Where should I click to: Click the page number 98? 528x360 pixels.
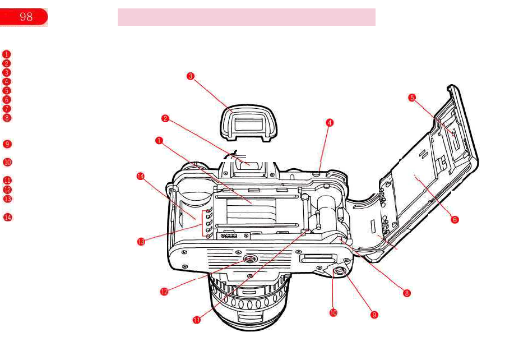[26, 17]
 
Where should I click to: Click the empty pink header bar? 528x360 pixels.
[246, 17]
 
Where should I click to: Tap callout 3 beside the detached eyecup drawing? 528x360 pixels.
[191, 77]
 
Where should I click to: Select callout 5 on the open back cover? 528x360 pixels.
[412, 97]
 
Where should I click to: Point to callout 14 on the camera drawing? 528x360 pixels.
[140, 176]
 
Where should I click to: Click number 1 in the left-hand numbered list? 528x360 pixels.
[6, 54]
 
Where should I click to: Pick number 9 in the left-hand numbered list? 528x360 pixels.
[6, 144]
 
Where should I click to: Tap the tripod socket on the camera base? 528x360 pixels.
[250, 259]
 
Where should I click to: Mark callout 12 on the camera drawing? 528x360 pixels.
[164, 292]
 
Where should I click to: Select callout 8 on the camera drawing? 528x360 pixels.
[407, 293]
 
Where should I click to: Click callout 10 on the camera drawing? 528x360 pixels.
[333, 313]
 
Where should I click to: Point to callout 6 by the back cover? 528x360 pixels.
[455, 219]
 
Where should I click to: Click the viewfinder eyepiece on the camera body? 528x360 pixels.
[249, 164]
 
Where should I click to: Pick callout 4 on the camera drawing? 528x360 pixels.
[330, 122]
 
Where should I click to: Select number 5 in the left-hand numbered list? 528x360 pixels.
[6, 90]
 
